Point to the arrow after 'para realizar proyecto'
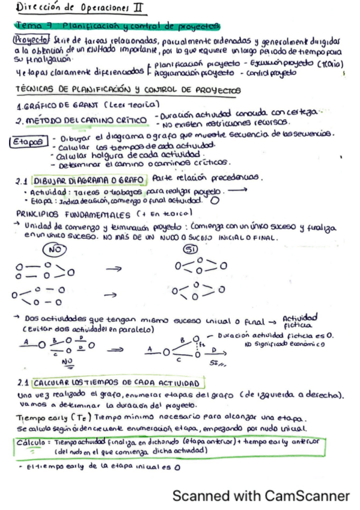point(239,191)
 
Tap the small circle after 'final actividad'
point(215,201)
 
